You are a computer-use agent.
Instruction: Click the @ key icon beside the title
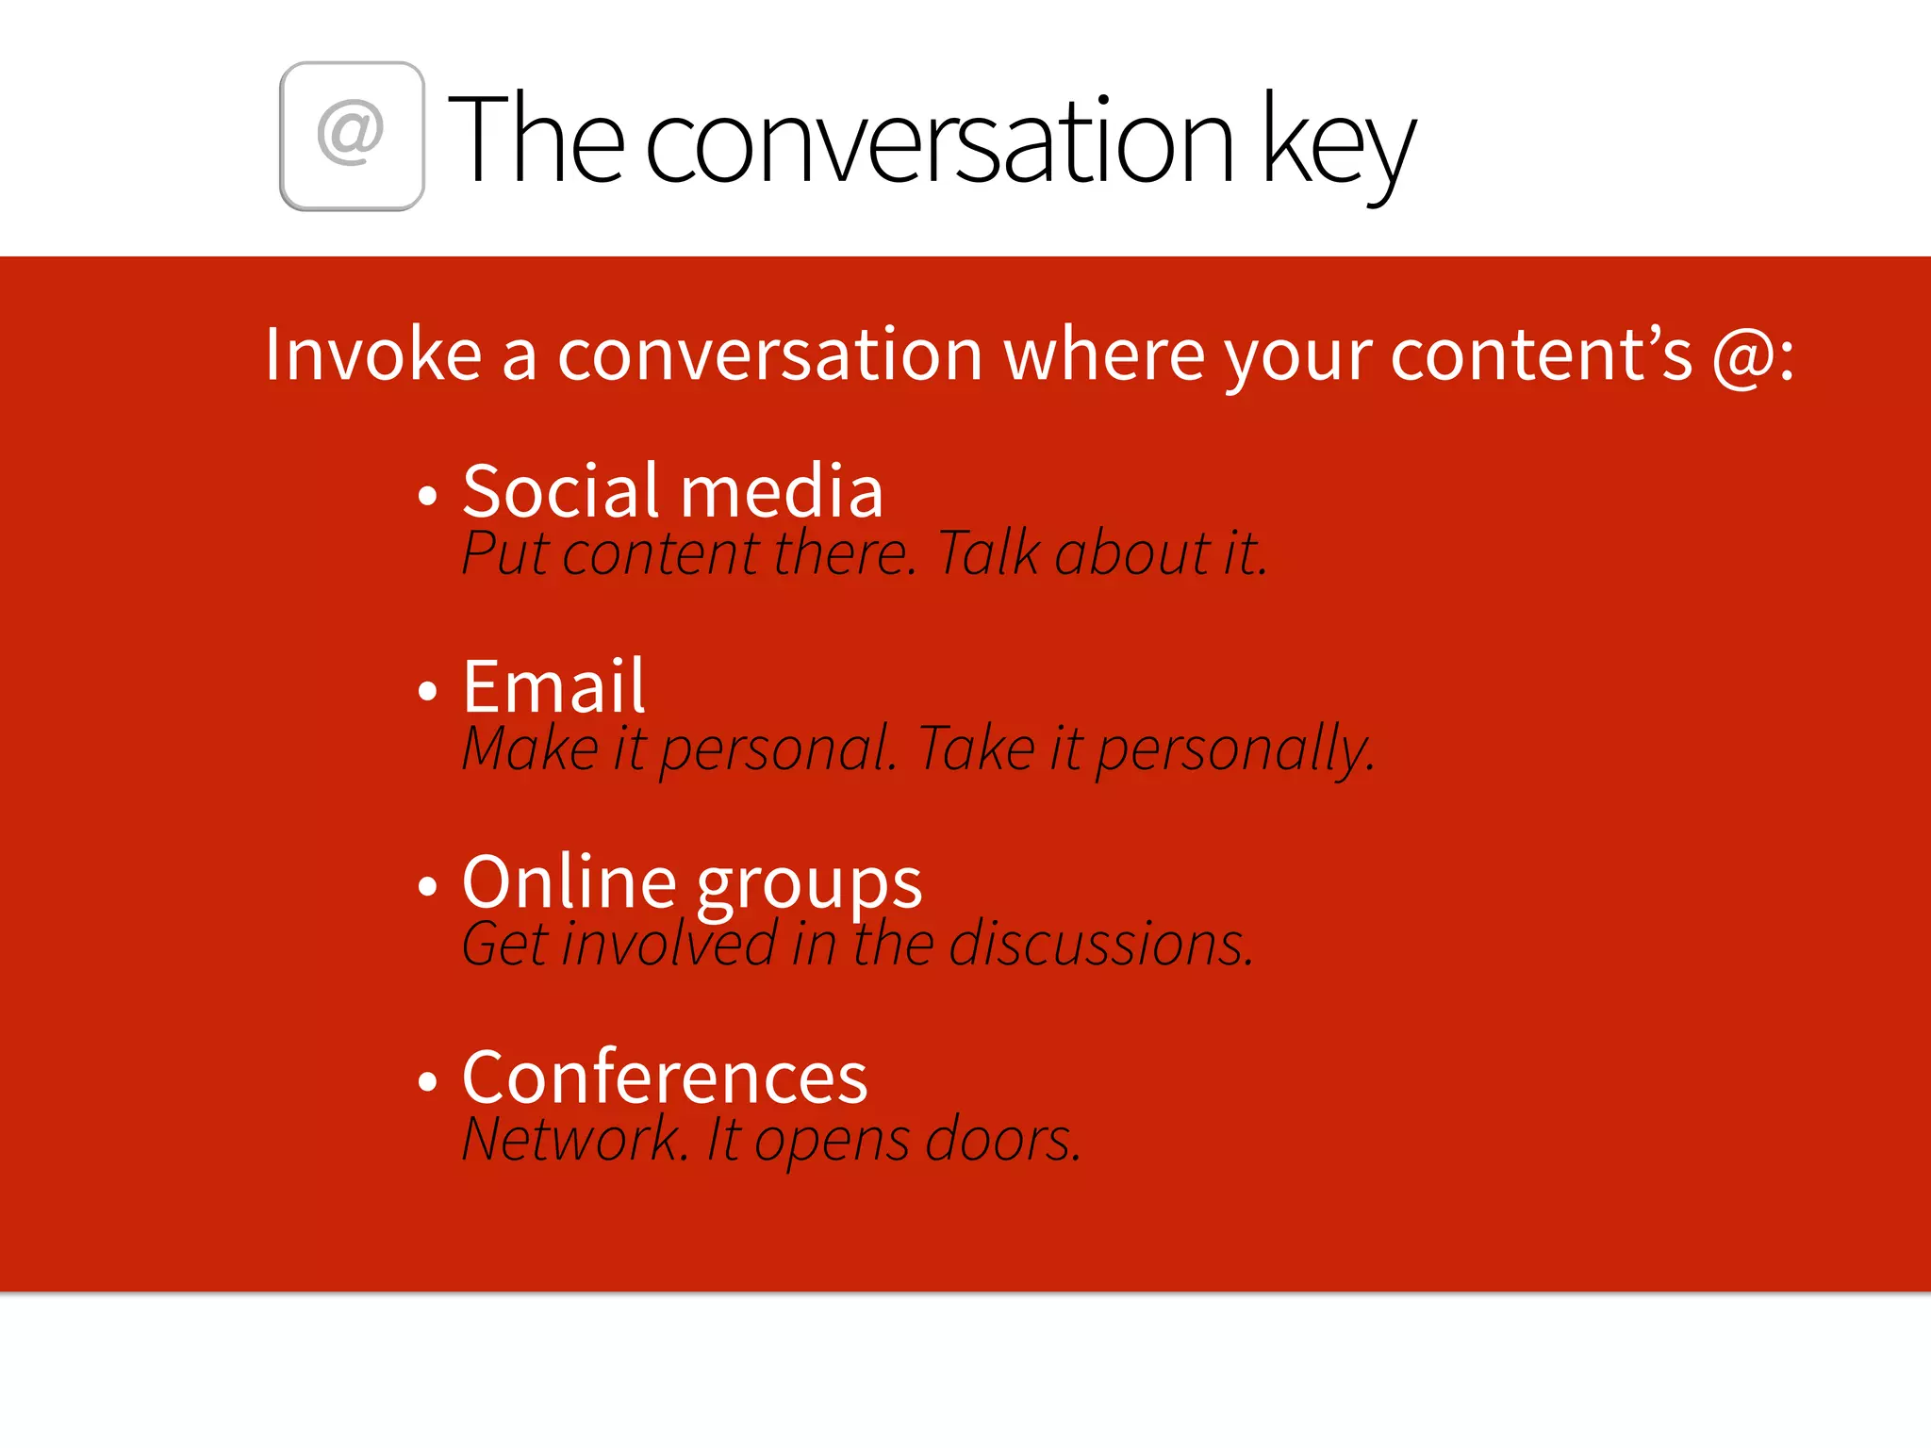[352, 136]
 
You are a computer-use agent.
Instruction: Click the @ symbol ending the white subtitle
[1743, 356]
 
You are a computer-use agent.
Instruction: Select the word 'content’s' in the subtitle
[1541, 355]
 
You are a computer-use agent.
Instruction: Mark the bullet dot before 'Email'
[428, 691]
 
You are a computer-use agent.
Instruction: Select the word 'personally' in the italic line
[1233, 750]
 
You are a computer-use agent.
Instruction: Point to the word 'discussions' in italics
[1099, 944]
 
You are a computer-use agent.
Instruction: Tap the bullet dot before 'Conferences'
[428, 1081]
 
